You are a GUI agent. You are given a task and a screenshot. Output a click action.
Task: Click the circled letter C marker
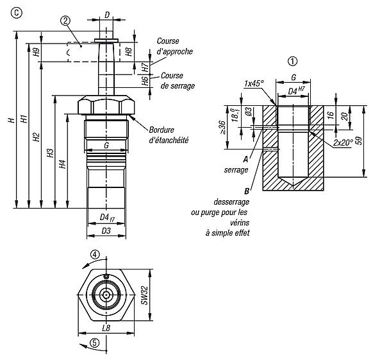click(17, 13)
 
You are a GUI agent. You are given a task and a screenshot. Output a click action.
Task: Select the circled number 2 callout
click(65, 21)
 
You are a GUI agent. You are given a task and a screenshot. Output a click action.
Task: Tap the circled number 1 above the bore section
click(292, 62)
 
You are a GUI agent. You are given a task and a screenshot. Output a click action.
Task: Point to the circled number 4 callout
click(95, 255)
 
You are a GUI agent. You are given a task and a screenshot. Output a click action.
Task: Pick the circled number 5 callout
click(95, 343)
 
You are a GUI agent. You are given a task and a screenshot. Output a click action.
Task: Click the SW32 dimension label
click(144, 295)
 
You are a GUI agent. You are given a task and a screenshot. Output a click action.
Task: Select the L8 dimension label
click(106, 328)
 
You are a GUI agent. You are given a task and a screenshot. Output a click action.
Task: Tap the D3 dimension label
click(106, 230)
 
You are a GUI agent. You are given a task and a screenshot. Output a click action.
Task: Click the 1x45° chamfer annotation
click(254, 83)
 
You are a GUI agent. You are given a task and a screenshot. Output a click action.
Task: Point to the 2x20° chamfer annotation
click(343, 142)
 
